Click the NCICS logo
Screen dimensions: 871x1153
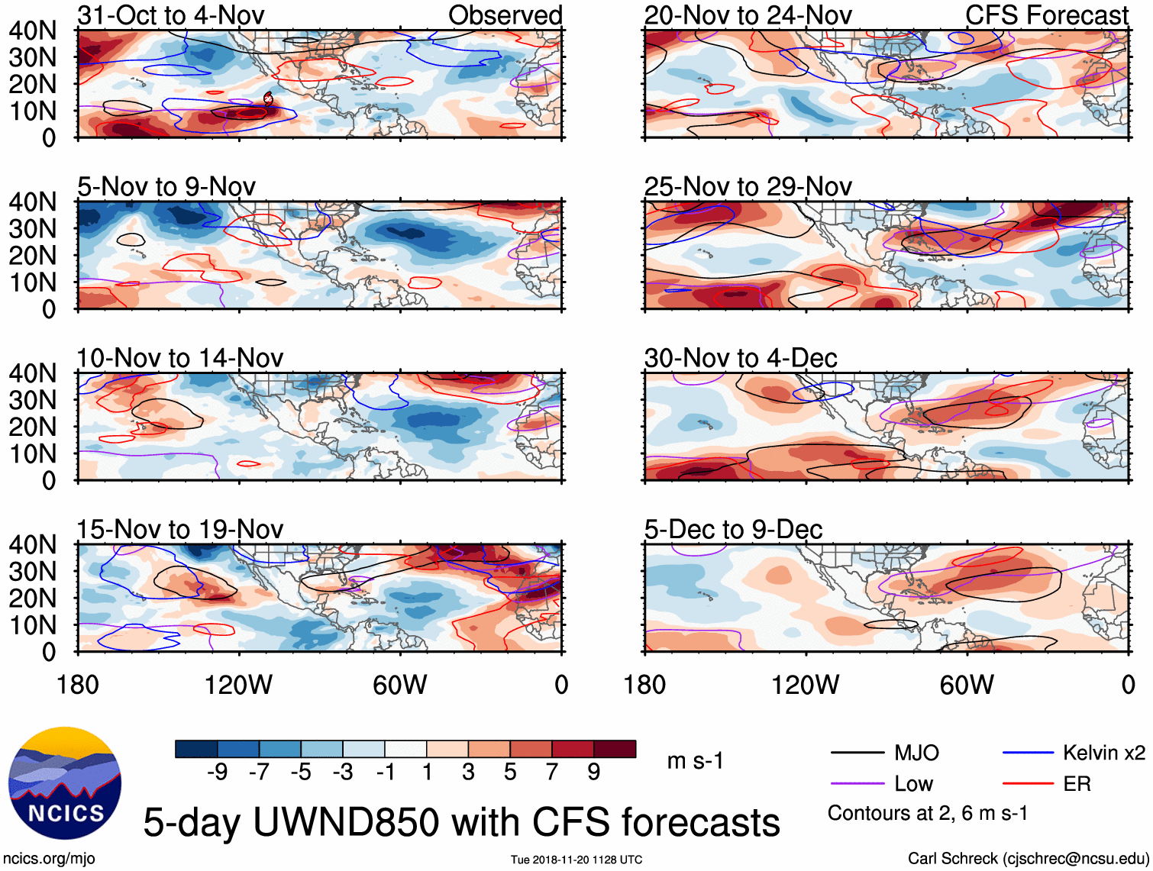[x=65, y=783]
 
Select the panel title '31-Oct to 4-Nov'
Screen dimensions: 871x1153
[x=170, y=15]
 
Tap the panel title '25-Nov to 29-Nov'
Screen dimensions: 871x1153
[x=748, y=186]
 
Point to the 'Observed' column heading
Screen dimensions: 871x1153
[x=505, y=15]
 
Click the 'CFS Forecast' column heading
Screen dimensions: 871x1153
[x=1046, y=15]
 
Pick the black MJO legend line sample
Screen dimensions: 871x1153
[x=857, y=753]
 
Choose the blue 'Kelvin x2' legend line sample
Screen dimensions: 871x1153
[x=1028, y=753]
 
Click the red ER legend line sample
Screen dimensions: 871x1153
[x=1028, y=784]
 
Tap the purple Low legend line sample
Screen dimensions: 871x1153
[x=857, y=784]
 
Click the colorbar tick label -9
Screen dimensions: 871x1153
[x=217, y=773]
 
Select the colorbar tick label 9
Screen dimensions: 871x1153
[x=594, y=773]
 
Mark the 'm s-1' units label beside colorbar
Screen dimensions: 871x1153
[x=695, y=761]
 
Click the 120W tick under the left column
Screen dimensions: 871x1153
[x=238, y=685]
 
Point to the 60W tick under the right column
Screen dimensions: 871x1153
[x=967, y=685]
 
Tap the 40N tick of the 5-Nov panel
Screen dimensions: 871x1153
[x=32, y=202]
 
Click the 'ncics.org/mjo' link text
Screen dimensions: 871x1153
[x=49, y=858]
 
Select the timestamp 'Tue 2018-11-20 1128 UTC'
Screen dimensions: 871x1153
[x=576, y=860]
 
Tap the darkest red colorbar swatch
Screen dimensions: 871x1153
[x=615, y=749]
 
